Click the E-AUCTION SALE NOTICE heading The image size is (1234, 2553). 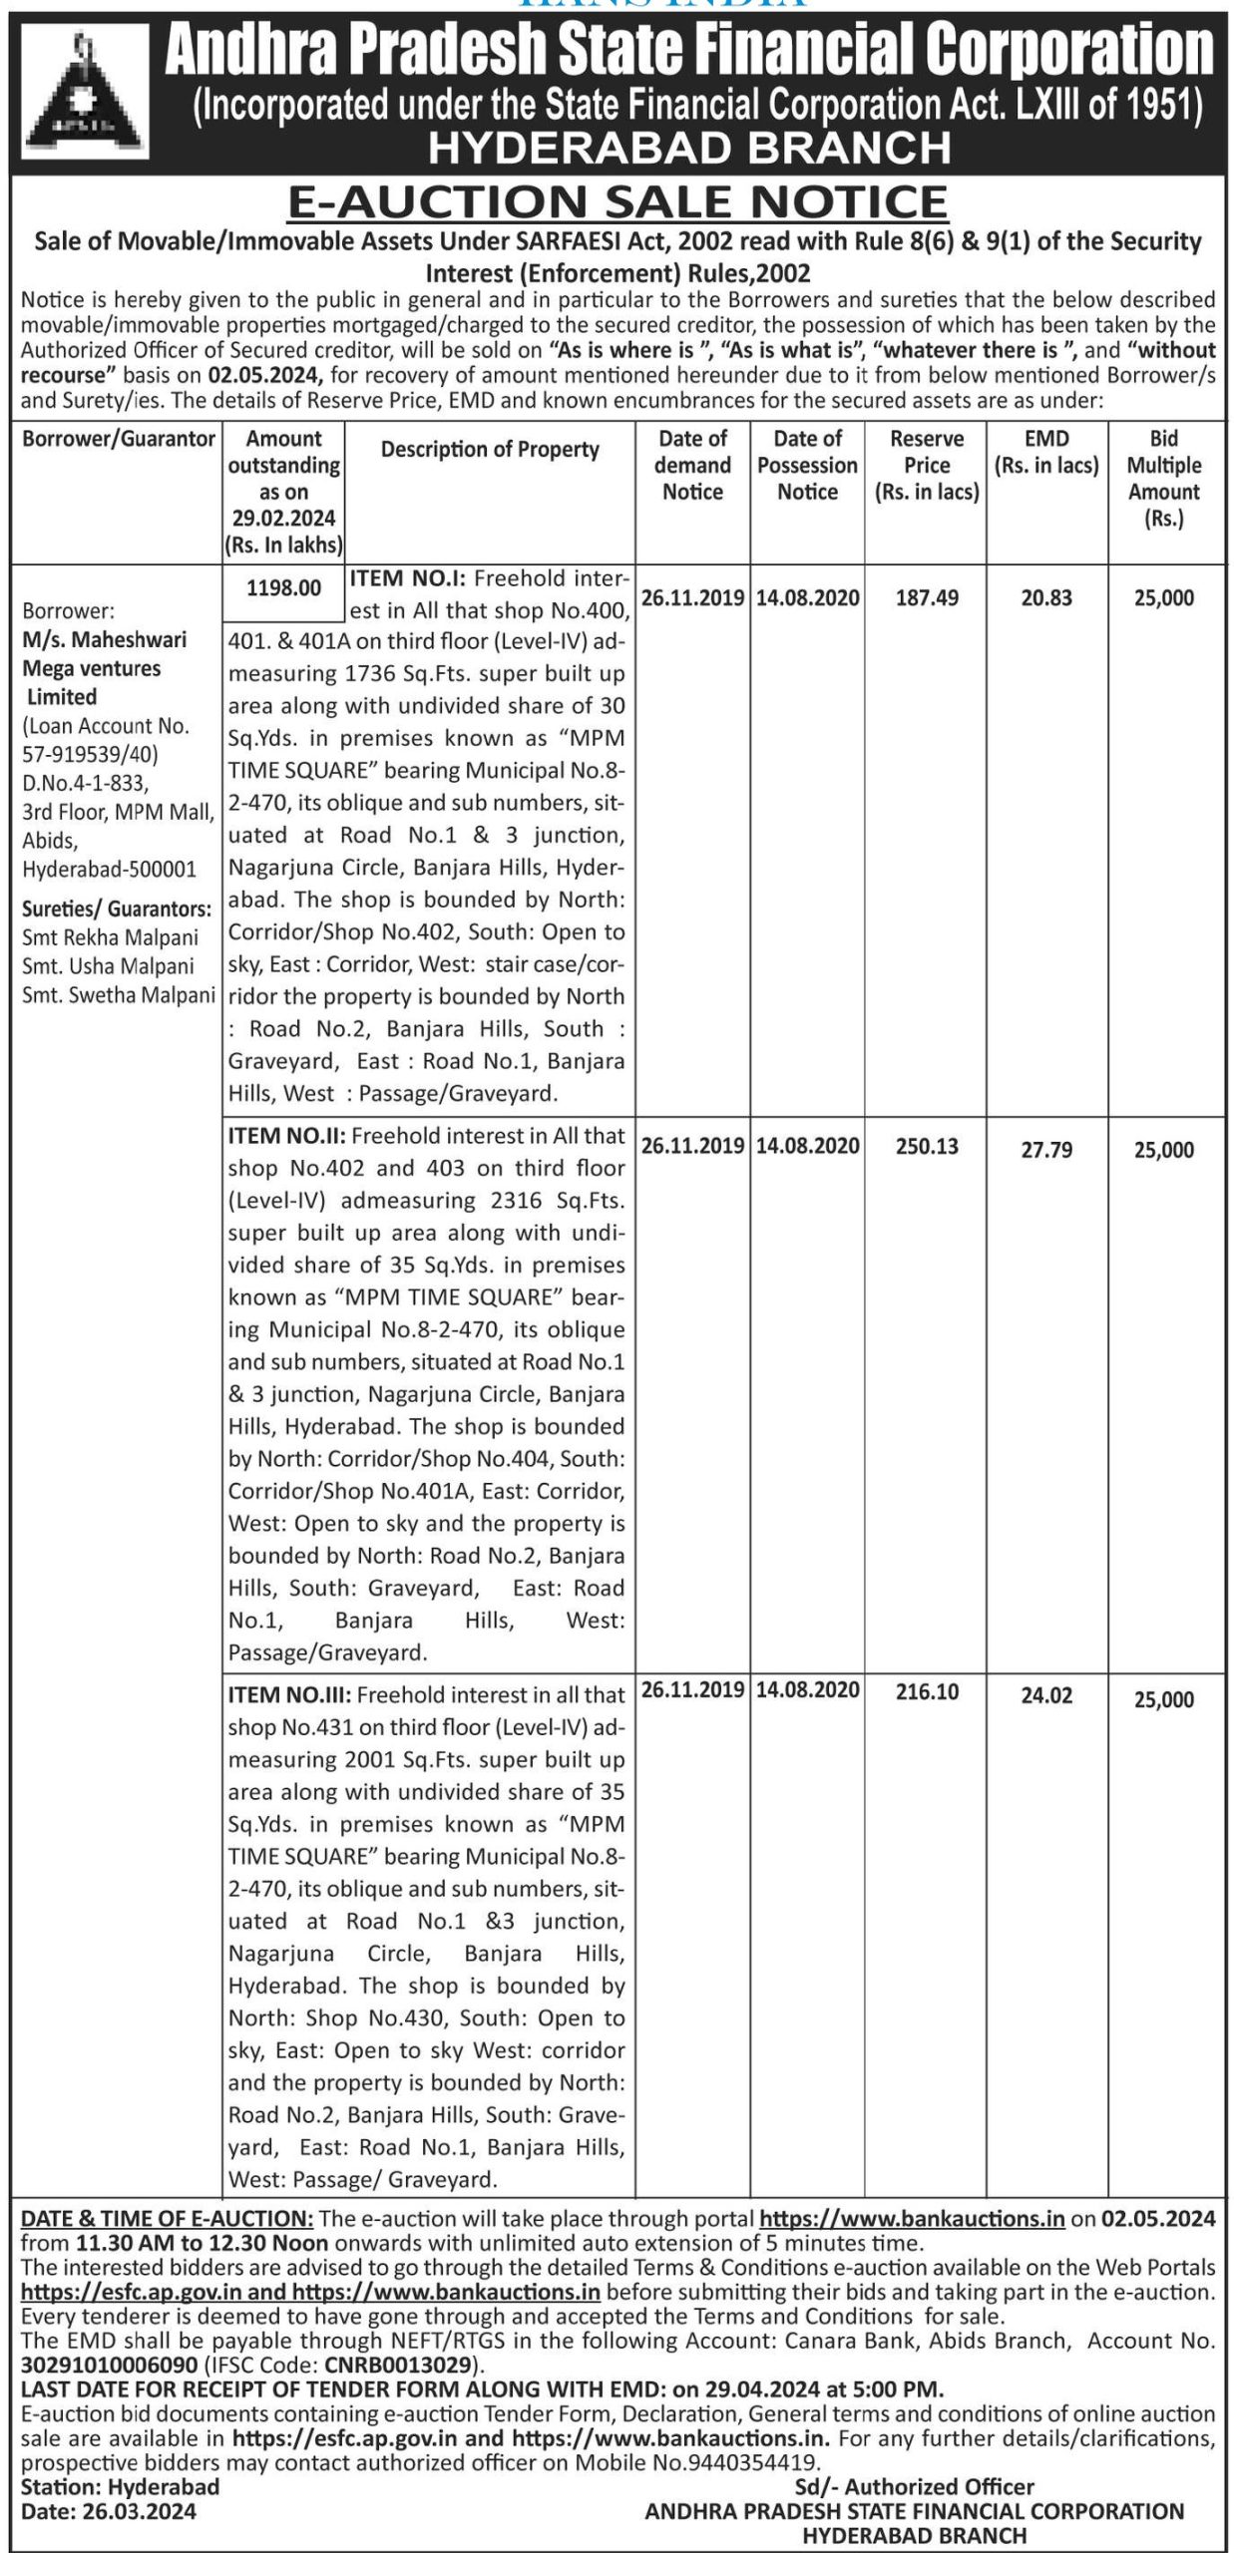pos(617,202)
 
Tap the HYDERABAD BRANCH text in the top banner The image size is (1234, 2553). pos(688,149)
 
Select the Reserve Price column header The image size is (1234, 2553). pos(926,465)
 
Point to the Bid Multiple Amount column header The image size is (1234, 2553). pos(1163,478)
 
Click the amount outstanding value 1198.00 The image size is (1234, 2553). pos(284,587)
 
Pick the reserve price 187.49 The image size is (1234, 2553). pos(927,597)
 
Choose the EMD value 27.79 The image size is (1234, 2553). pos(1046,1150)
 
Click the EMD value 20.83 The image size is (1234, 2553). pos(1046,597)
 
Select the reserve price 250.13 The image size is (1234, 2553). pos(927,1146)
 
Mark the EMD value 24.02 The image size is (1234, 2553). pos(1046,1695)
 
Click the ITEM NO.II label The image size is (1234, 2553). pos(287,1135)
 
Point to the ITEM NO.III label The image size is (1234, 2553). pos(289,1694)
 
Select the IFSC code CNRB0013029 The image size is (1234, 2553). pos(408,2365)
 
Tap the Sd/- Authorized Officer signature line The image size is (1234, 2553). pos(914,2486)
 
